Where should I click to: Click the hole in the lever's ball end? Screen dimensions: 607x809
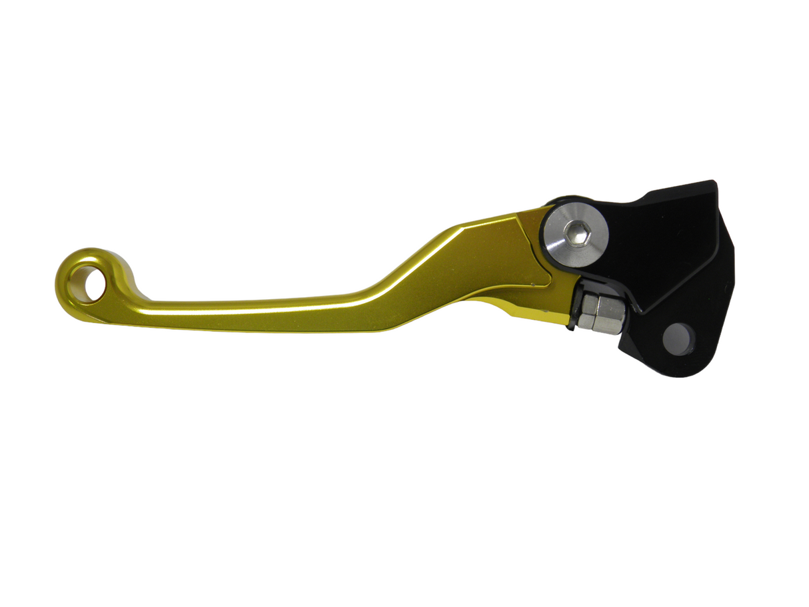click(x=90, y=283)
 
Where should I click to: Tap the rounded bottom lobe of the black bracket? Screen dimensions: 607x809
click(x=666, y=360)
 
